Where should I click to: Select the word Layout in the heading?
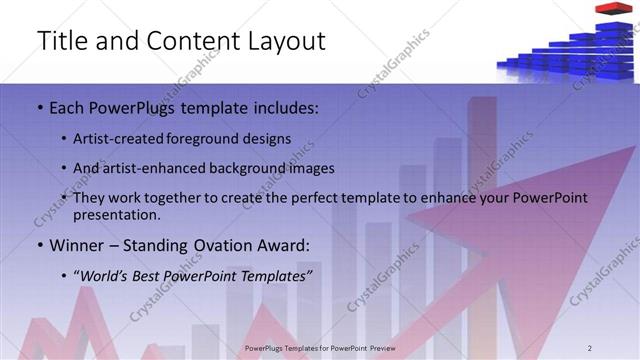click(x=284, y=42)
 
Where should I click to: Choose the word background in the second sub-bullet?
click(x=246, y=168)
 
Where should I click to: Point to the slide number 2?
click(x=619, y=346)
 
